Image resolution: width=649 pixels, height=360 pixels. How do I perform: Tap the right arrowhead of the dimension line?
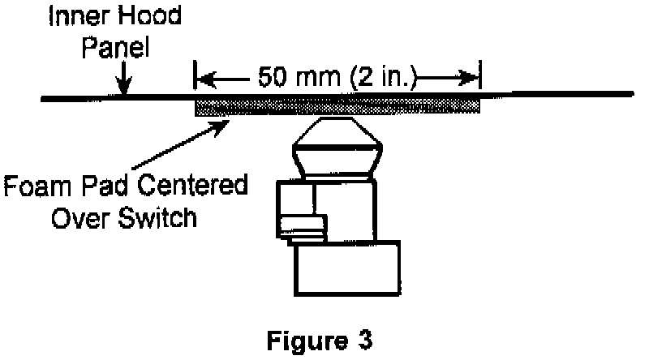469,79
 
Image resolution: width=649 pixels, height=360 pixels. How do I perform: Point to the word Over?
74,217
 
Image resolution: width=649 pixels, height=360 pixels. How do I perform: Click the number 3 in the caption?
364,341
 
